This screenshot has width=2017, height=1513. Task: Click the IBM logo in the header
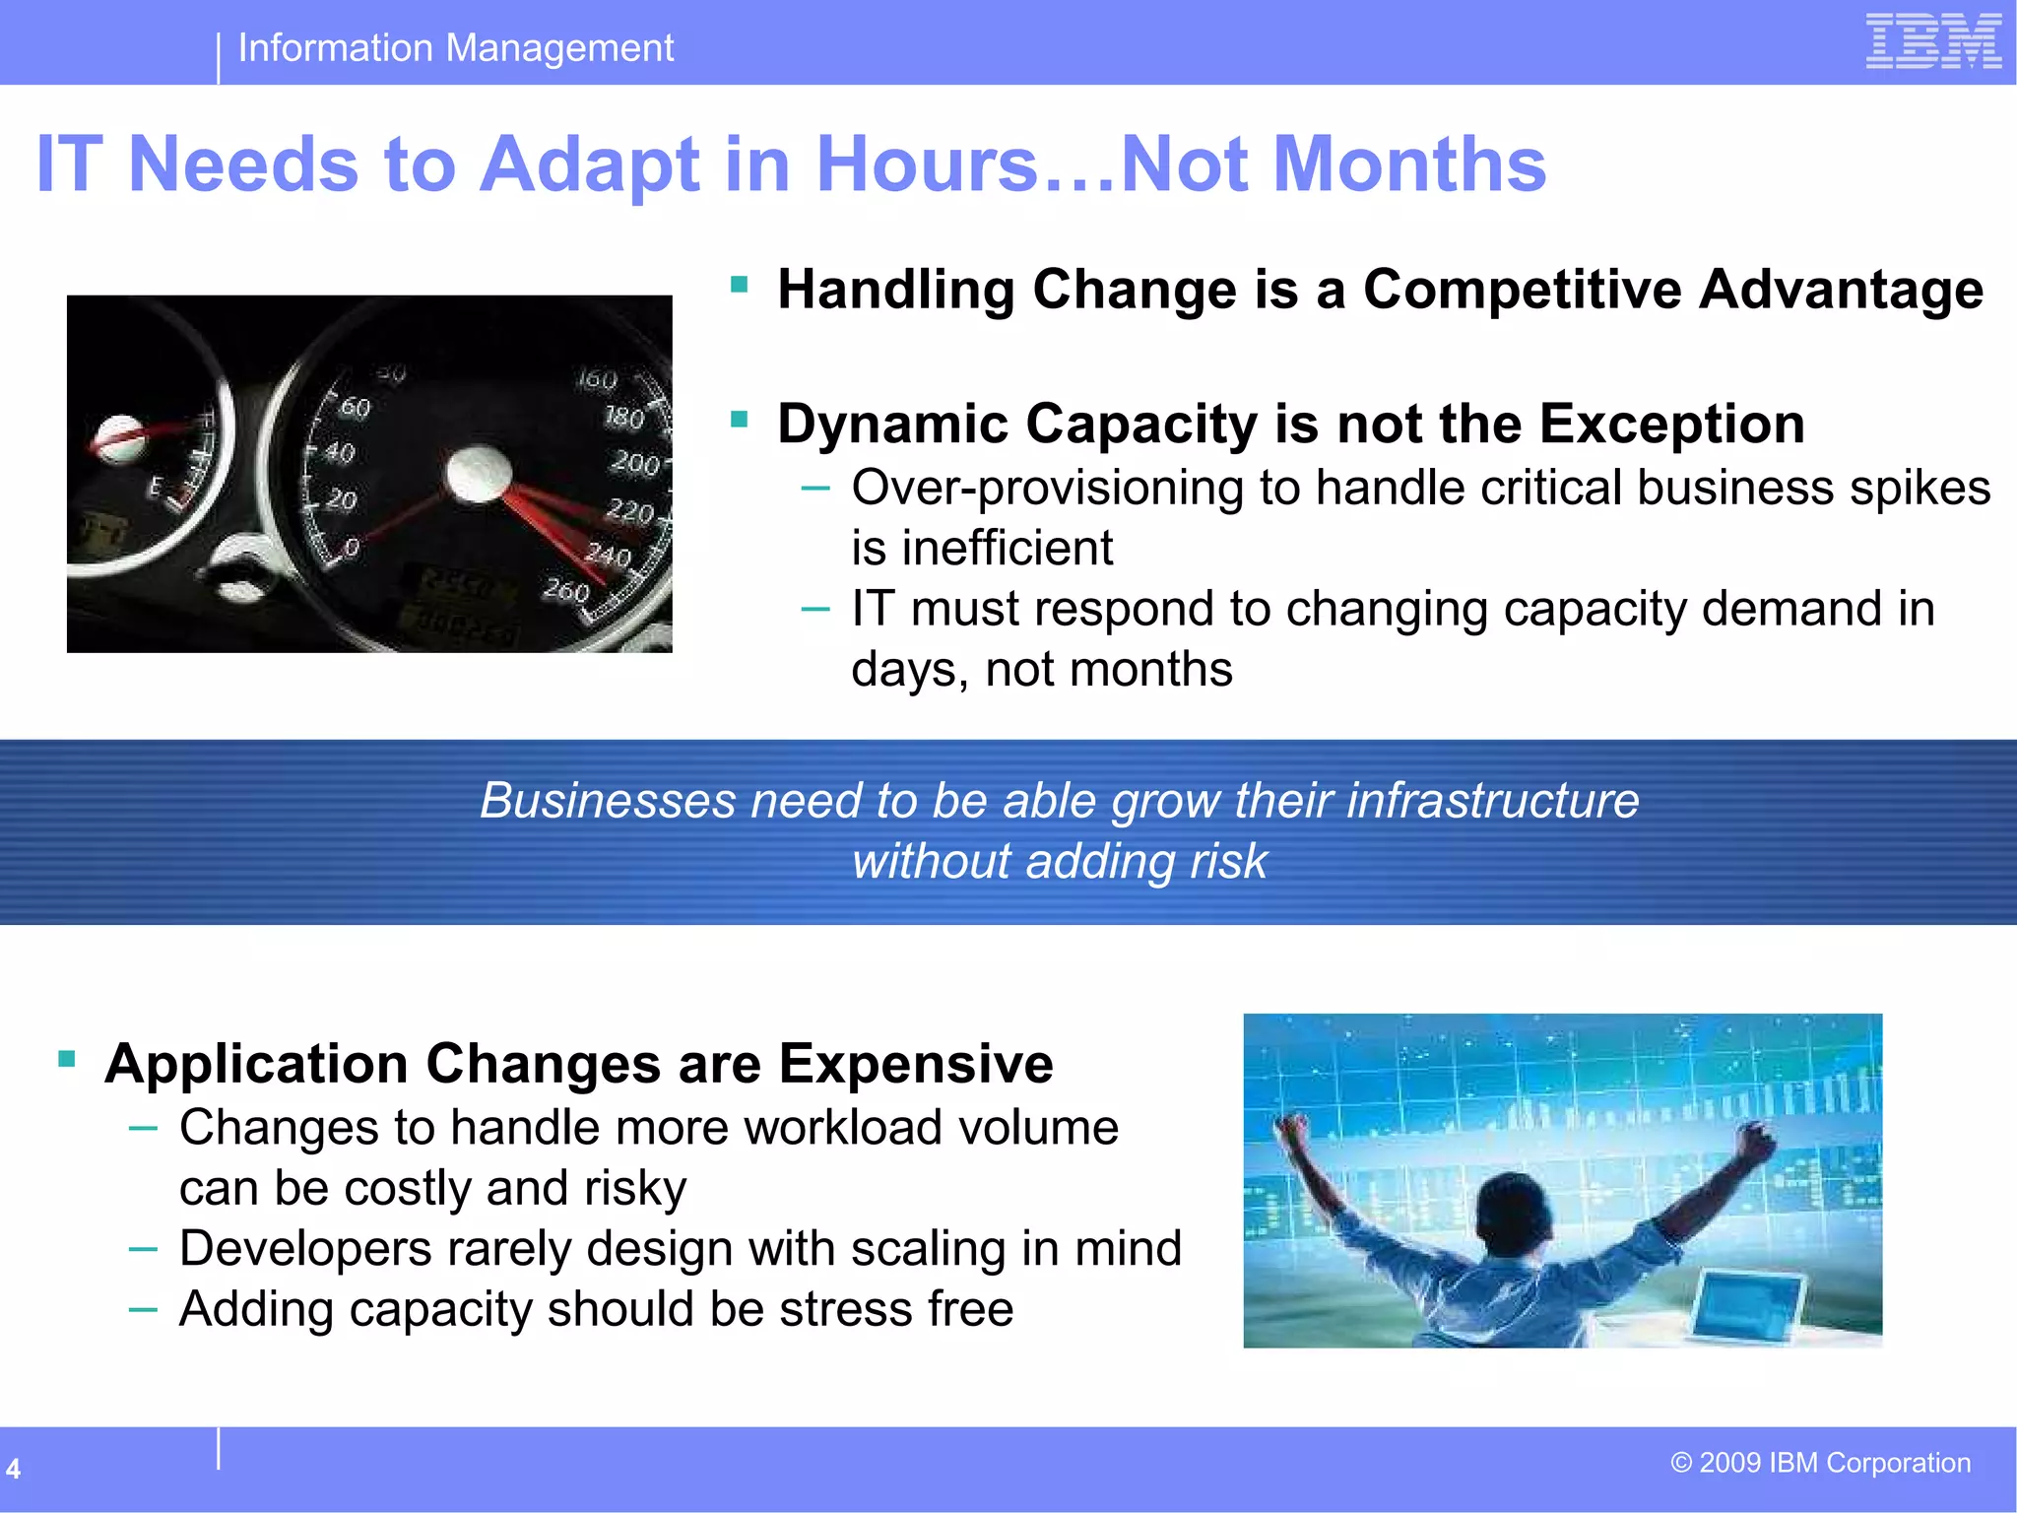coord(1933,41)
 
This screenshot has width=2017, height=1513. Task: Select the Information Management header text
coord(455,48)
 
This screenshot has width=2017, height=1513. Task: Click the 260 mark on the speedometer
coord(566,590)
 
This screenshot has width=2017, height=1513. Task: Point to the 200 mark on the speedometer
coord(634,463)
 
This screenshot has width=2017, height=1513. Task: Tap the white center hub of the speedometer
coord(479,474)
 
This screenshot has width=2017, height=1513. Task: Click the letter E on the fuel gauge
coord(155,486)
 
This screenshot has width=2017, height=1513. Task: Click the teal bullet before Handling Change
coord(740,286)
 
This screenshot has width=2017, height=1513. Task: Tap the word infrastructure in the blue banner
coord(1492,800)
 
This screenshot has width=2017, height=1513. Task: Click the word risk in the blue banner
coord(1227,861)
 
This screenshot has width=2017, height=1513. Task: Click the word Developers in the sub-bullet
coord(305,1249)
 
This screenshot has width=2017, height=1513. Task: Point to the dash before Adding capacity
coord(143,1310)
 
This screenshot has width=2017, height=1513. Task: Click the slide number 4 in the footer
coord(14,1469)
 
